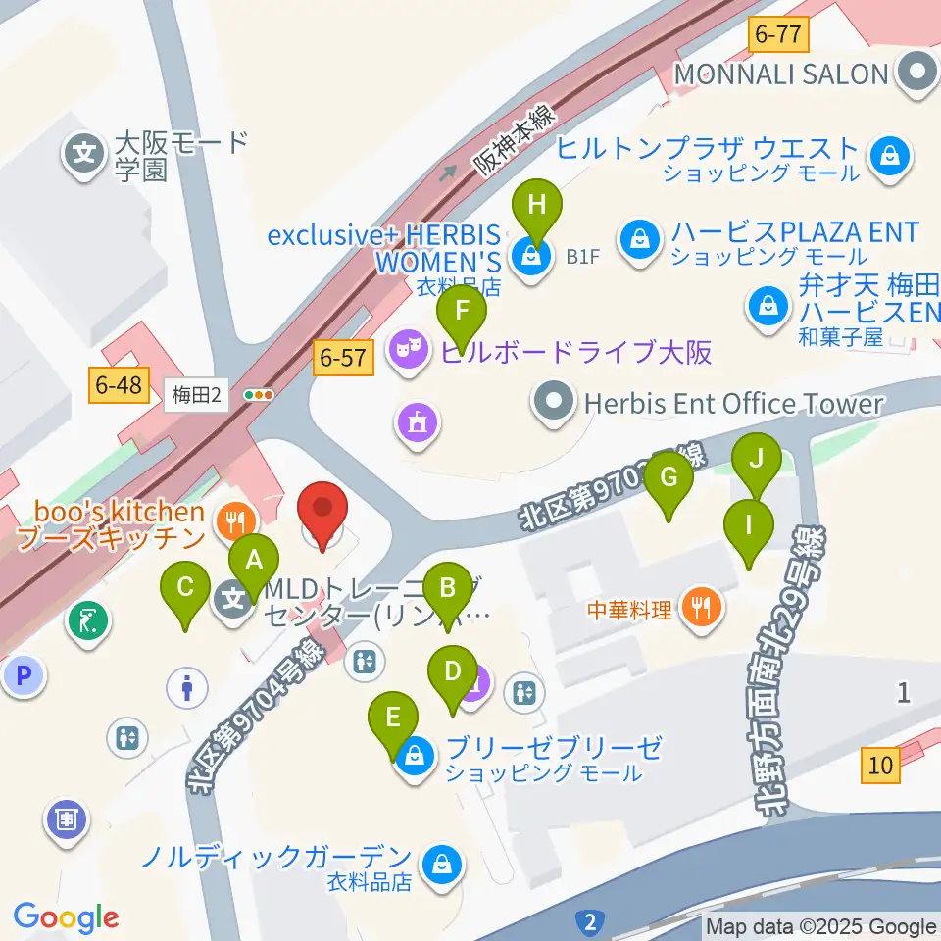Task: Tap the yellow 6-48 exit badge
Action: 120,386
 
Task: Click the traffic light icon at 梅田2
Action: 259,395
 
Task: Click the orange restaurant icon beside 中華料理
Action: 701,609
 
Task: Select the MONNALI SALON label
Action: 780,73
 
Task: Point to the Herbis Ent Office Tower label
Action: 734,403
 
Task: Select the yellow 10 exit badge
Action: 881,765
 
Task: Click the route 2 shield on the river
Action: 590,920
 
